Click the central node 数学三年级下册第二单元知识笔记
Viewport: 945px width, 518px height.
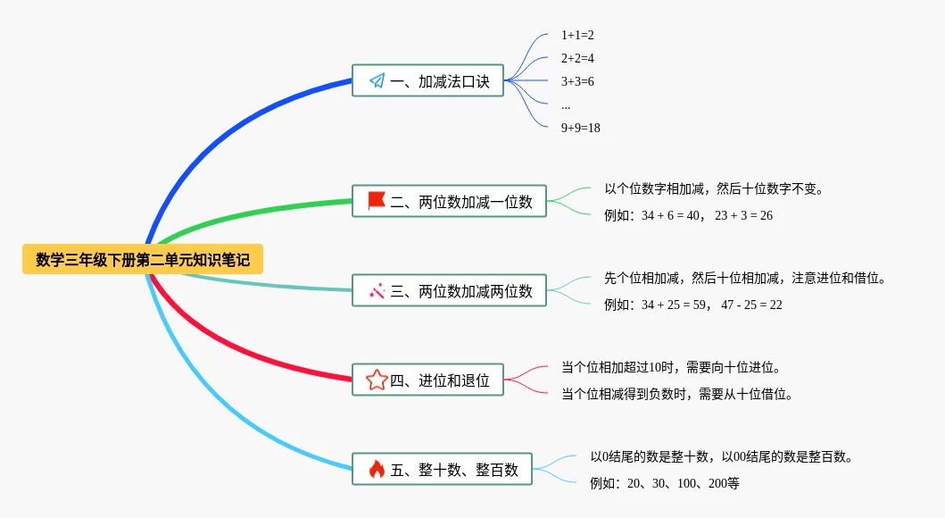(x=143, y=260)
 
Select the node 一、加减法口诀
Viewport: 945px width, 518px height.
(x=427, y=81)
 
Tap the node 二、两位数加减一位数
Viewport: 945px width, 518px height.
(x=449, y=202)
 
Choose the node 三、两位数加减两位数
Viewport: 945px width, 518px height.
(x=449, y=291)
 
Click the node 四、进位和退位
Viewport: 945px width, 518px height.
(x=427, y=380)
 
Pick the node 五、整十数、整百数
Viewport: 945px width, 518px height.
(x=442, y=469)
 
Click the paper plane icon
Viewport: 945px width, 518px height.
(x=377, y=81)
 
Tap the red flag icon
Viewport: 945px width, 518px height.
(x=377, y=202)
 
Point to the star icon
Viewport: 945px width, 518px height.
(x=377, y=380)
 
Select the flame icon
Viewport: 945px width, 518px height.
(x=377, y=469)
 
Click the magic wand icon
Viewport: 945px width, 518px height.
(x=377, y=291)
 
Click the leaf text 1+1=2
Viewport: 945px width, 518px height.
(x=577, y=35)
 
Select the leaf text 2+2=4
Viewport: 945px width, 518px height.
(x=577, y=58)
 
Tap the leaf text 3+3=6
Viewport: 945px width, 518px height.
(x=577, y=81)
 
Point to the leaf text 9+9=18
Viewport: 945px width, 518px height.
(x=580, y=128)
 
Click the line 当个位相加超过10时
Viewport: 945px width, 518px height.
(x=671, y=367)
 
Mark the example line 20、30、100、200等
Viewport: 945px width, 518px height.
(x=664, y=483)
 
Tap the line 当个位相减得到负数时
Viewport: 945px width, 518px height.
(x=677, y=394)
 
